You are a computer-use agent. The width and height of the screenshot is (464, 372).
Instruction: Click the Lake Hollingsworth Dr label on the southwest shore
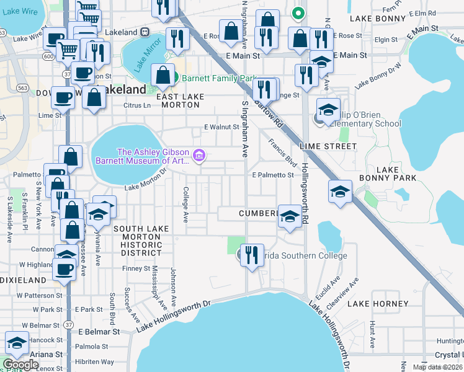(174, 315)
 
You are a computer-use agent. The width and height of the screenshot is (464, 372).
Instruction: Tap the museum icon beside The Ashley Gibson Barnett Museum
(199, 155)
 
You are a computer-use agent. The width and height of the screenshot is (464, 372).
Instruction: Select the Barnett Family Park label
(213, 79)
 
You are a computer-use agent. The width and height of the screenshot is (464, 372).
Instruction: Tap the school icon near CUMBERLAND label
(290, 216)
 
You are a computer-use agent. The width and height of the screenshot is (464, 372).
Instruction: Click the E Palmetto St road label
(273, 175)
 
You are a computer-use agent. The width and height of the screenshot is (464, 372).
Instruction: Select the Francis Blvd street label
(282, 152)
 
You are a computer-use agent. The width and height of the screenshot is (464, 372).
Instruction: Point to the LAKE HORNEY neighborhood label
(378, 304)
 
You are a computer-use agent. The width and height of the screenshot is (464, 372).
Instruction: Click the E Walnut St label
(222, 127)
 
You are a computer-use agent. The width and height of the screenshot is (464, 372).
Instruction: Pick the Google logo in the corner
(20, 364)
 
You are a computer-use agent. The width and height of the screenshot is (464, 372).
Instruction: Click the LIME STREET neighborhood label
(328, 146)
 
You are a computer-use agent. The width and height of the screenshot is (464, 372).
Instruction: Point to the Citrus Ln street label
(138, 105)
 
